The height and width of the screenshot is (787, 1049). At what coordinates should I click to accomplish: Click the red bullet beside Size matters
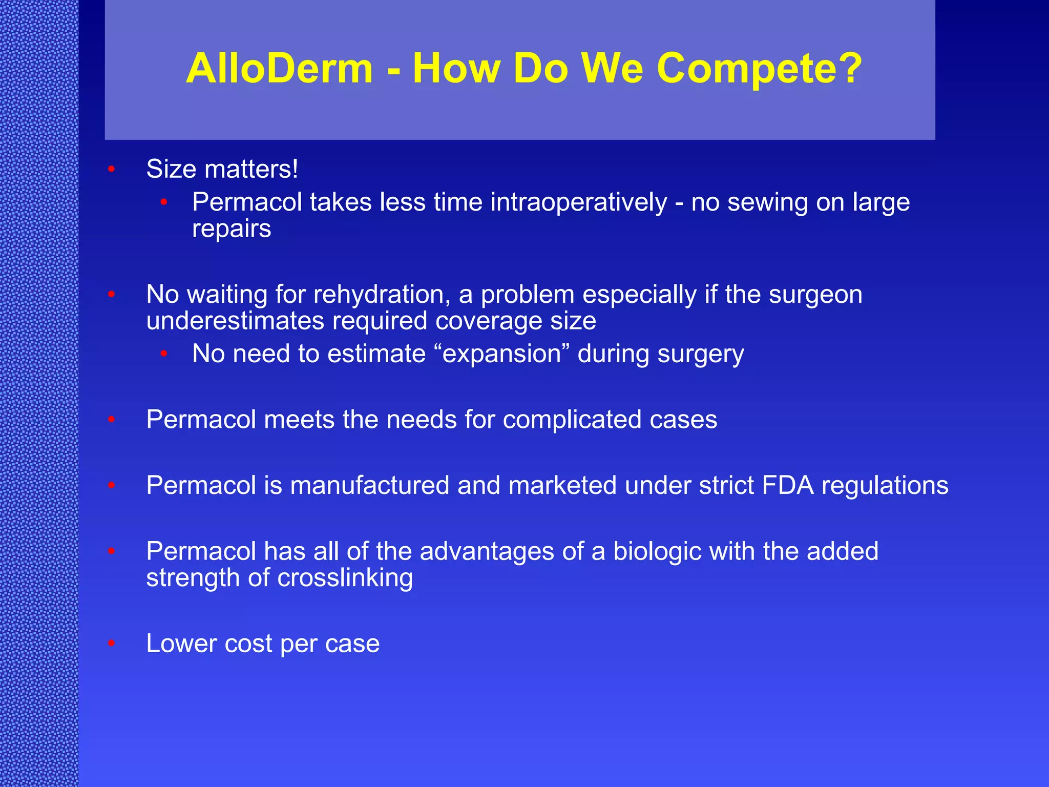[111, 170]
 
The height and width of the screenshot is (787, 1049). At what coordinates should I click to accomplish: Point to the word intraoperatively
[579, 202]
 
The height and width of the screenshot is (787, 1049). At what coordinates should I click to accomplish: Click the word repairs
[231, 229]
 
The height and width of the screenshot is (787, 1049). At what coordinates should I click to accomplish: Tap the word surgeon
[815, 295]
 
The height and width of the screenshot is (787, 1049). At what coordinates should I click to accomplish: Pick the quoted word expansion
[502, 354]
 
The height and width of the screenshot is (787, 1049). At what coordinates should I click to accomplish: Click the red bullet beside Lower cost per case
[111, 644]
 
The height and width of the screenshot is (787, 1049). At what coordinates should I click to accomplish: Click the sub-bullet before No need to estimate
[164, 354]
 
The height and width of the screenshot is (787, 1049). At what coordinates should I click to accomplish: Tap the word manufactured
[369, 485]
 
